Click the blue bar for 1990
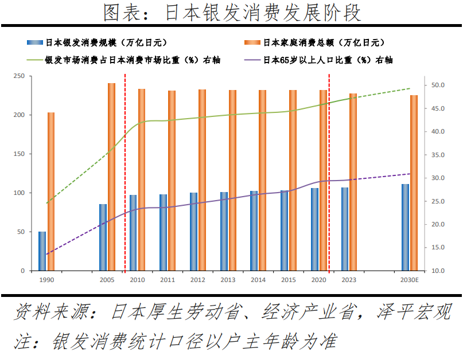pos(42,251)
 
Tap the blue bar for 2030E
pos(405,227)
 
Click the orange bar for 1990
pos(51,191)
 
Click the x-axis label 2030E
pos(410,280)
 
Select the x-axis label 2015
pos(289,280)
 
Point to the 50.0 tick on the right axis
pos(437,85)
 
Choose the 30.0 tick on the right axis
pos(437,178)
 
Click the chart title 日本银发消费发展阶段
pos(232,12)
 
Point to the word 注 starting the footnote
pos(22,342)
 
